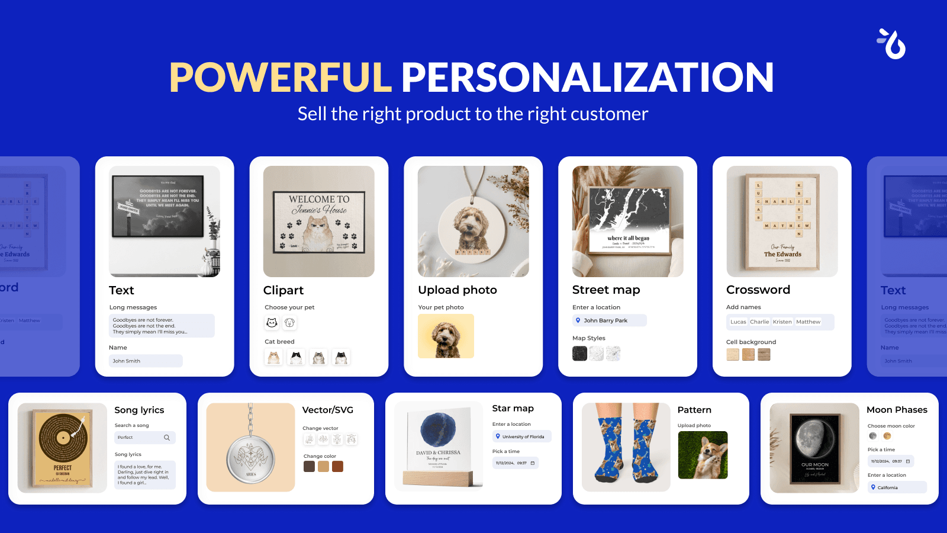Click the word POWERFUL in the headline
point(281,78)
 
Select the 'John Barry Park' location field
point(609,320)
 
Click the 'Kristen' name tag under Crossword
point(782,322)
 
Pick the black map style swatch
point(579,354)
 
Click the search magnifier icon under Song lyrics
point(167,438)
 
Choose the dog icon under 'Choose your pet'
point(289,323)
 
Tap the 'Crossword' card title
point(758,290)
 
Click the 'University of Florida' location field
point(522,436)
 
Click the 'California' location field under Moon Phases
point(897,487)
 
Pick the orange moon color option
point(887,436)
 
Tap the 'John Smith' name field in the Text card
point(146,361)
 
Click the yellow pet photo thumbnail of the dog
point(446,336)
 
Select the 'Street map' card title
point(605,290)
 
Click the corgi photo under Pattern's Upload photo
point(703,455)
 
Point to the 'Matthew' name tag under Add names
point(808,322)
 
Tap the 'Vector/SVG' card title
point(327,410)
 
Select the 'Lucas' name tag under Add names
point(738,322)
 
